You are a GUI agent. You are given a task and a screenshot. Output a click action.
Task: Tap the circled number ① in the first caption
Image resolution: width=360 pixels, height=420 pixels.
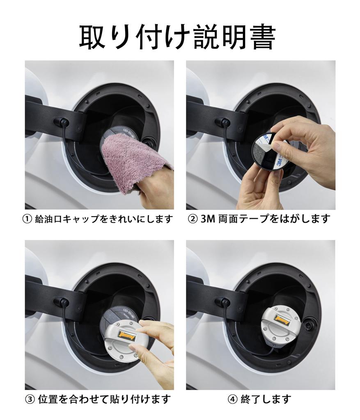pyautogui.click(x=27, y=219)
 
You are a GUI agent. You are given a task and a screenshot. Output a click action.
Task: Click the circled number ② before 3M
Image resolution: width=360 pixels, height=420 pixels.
pyautogui.click(x=193, y=219)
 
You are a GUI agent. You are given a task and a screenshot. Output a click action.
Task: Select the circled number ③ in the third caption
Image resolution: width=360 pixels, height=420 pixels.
pyautogui.click(x=30, y=399)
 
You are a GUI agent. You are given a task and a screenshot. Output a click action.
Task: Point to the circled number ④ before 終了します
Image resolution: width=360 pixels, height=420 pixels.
pyautogui.click(x=232, y=399)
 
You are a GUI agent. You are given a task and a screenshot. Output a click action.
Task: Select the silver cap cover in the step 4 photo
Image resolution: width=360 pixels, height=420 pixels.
pyautogui.click(x=280, y=322)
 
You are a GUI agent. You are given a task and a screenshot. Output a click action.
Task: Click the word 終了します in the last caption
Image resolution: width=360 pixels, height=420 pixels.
pyautogui.click(x=266, y=399)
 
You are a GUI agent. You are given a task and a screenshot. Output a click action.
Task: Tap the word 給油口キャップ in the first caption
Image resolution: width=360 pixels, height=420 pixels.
pyautogui.click(x=66, y=219)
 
